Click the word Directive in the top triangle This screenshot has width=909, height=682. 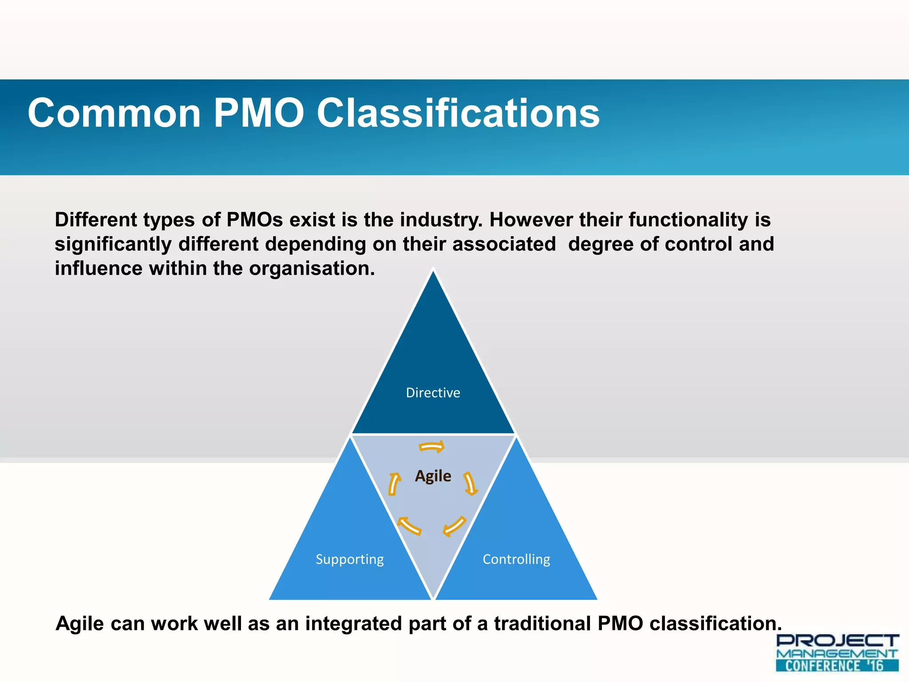pyautogui.click(x=433, y=393)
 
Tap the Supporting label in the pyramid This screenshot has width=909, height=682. pyautogui.click(x=350, y=559)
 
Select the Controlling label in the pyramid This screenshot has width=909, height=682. pyautogui.click(x=516, y=559)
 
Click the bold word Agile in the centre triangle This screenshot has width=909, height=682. pyautogui.click(x=433, y=476)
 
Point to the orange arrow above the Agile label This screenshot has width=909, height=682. pyautogui.click(x=432, y=447)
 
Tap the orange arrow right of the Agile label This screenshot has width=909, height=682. pyautogui.click(x=470, y=484)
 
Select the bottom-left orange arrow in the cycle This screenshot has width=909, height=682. pyautogui.click(x=409, y=525)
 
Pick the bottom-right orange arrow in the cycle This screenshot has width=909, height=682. pyautogui.click(x=454, y=526)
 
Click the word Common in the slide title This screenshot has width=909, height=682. pyautogui.click(x=115, y=113)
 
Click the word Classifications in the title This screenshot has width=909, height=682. pyautogui.click(x=458, y=113)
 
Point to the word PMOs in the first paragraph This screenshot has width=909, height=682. pyautogui.click(x=255, y=220)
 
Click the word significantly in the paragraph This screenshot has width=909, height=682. pyautogui.click(x=113, y=244)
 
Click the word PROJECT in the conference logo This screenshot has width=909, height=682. pyautogui.click(x=837, y=641)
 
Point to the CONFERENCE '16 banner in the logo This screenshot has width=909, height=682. pyautogui.click(x=837, y=666)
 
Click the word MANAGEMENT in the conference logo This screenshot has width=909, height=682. pyautogui.click(x=837, y=654)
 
